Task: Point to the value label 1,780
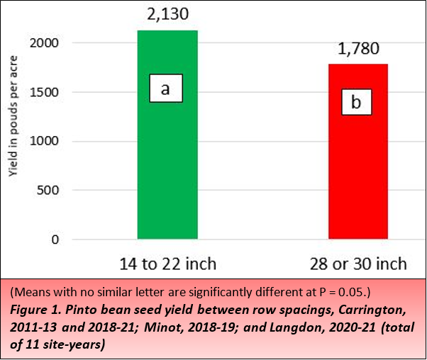pos(358,49)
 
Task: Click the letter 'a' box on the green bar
pos(166,89)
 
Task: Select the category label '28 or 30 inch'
pos(358,265)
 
